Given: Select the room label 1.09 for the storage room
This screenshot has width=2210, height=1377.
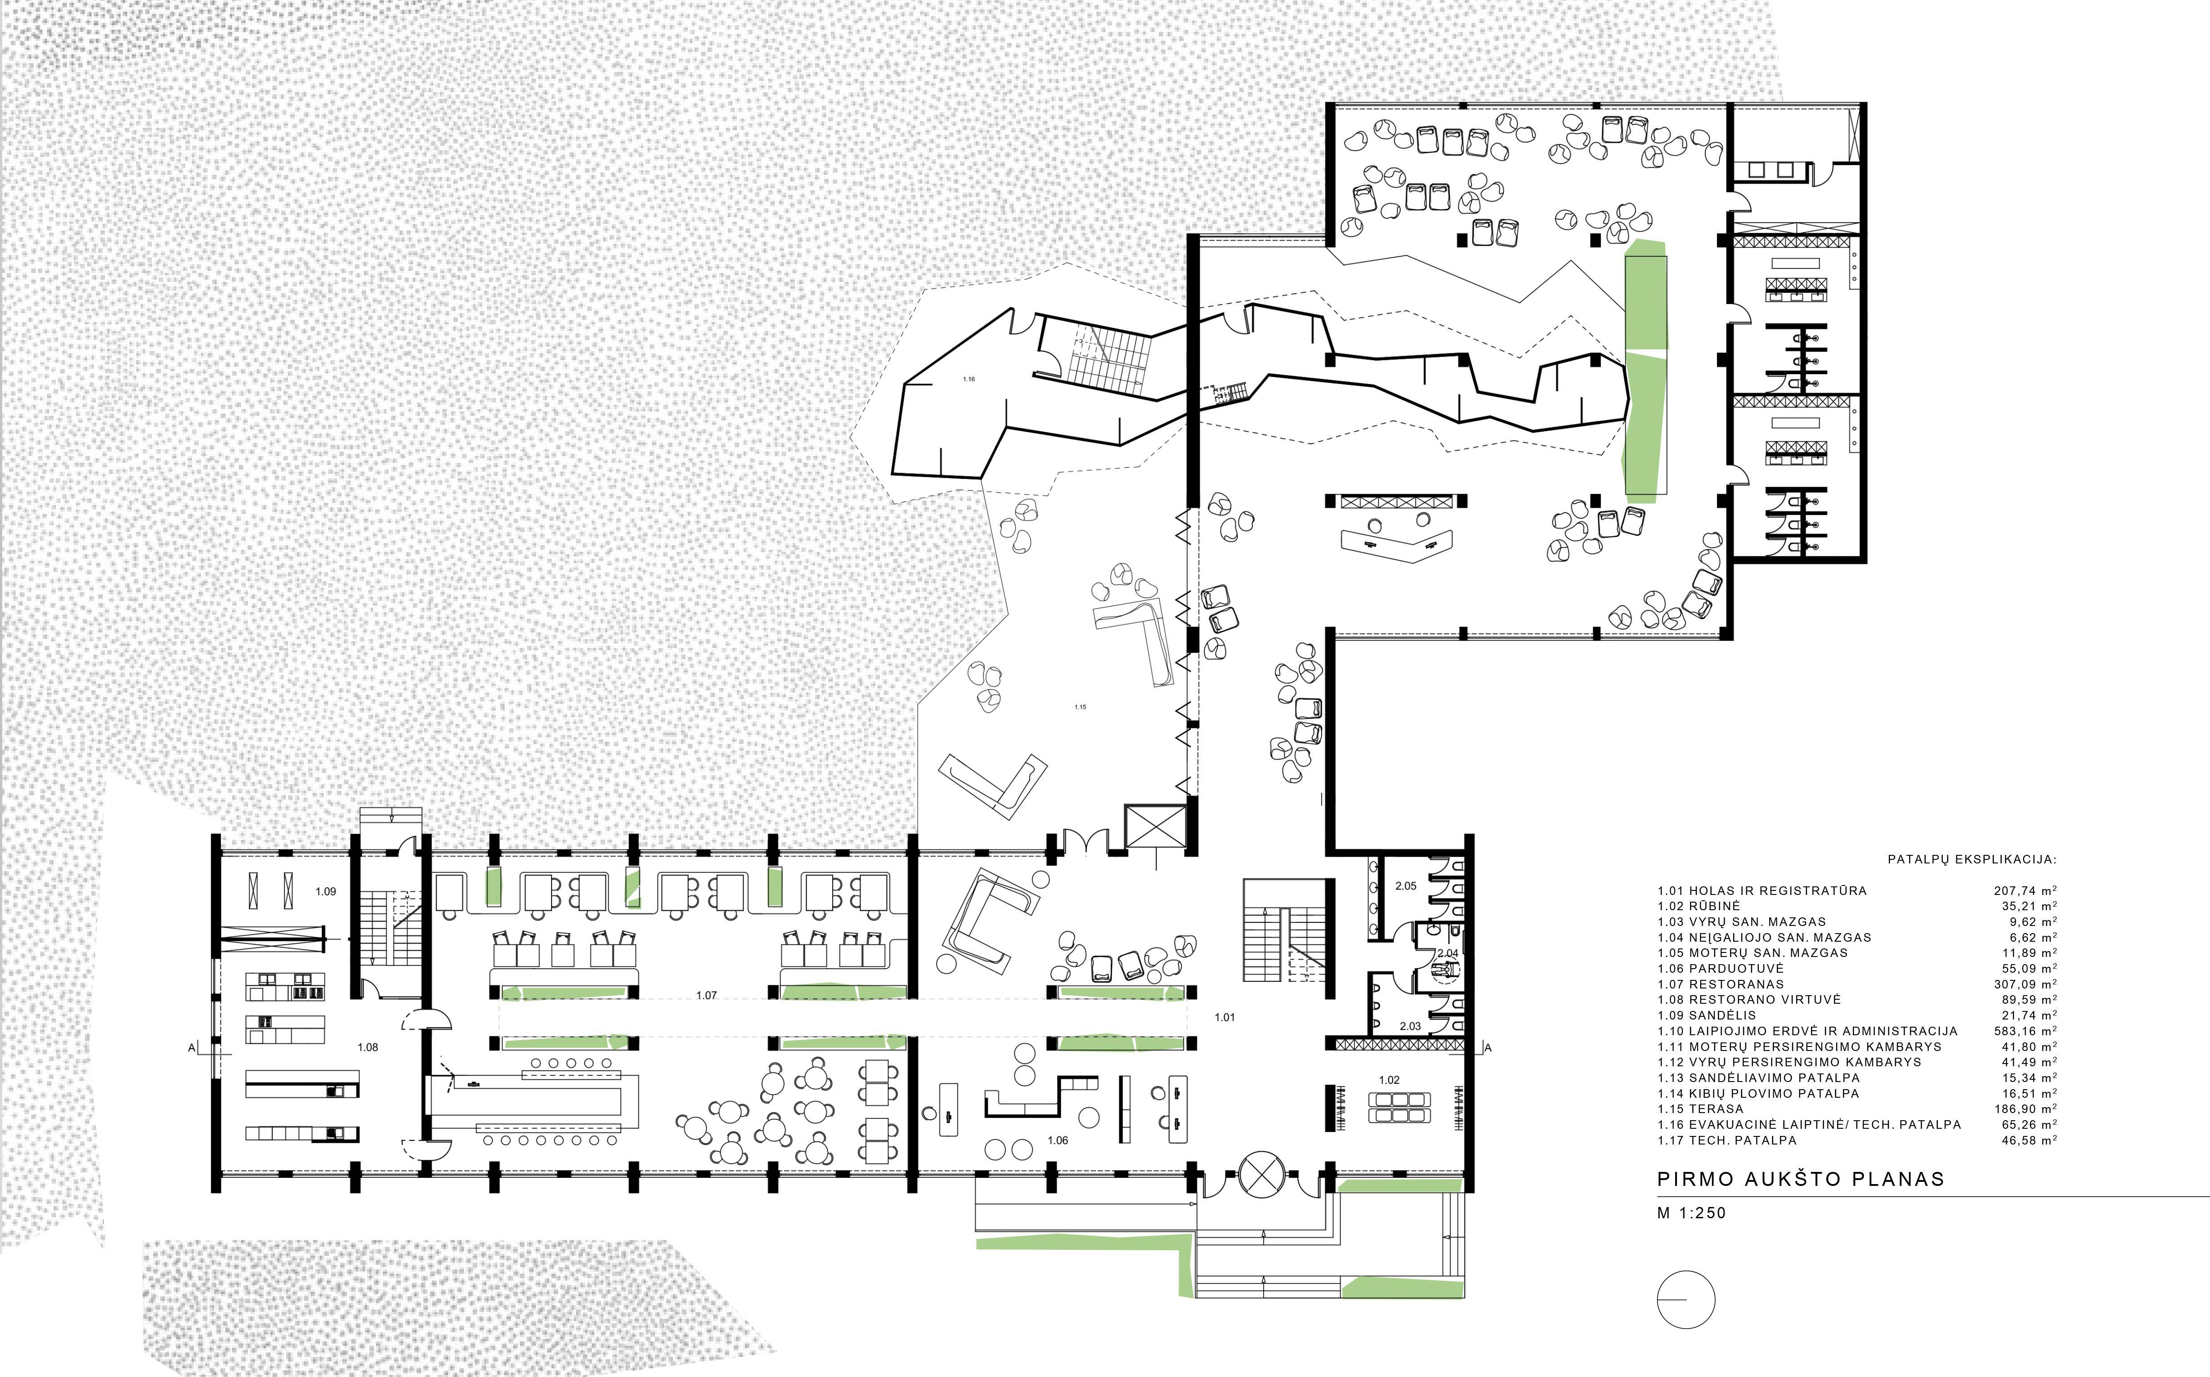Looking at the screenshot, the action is pyautogui.click(x=325, y=892).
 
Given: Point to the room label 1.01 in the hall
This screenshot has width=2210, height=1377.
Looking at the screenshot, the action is pyautogui.click(x=1224, y=1017).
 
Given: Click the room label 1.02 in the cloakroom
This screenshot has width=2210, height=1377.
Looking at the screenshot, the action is pyautogui.click(x=1388, y=1080).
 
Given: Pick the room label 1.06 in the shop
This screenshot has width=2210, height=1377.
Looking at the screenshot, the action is pyautogui.click(x=1058, y=1140).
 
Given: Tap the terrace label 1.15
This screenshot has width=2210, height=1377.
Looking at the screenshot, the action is pyautogui.click(x=1080, y=707).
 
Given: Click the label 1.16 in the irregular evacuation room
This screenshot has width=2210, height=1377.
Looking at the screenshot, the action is pyautogui.click(x=968, y=379).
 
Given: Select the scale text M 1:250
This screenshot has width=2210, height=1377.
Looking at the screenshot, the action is pyautogui.click(x=1692, y=1213).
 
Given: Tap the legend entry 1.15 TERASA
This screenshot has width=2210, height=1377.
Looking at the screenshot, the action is pyautogui.click(x=1701, y=1109).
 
